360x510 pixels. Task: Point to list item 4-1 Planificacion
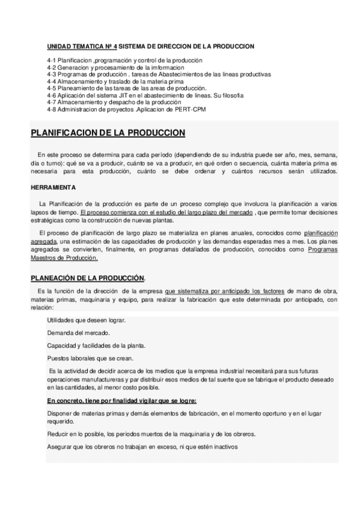pos(124,61)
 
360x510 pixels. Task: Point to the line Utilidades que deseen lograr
pos(86,321)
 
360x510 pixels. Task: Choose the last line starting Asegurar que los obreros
pos(142,447)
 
